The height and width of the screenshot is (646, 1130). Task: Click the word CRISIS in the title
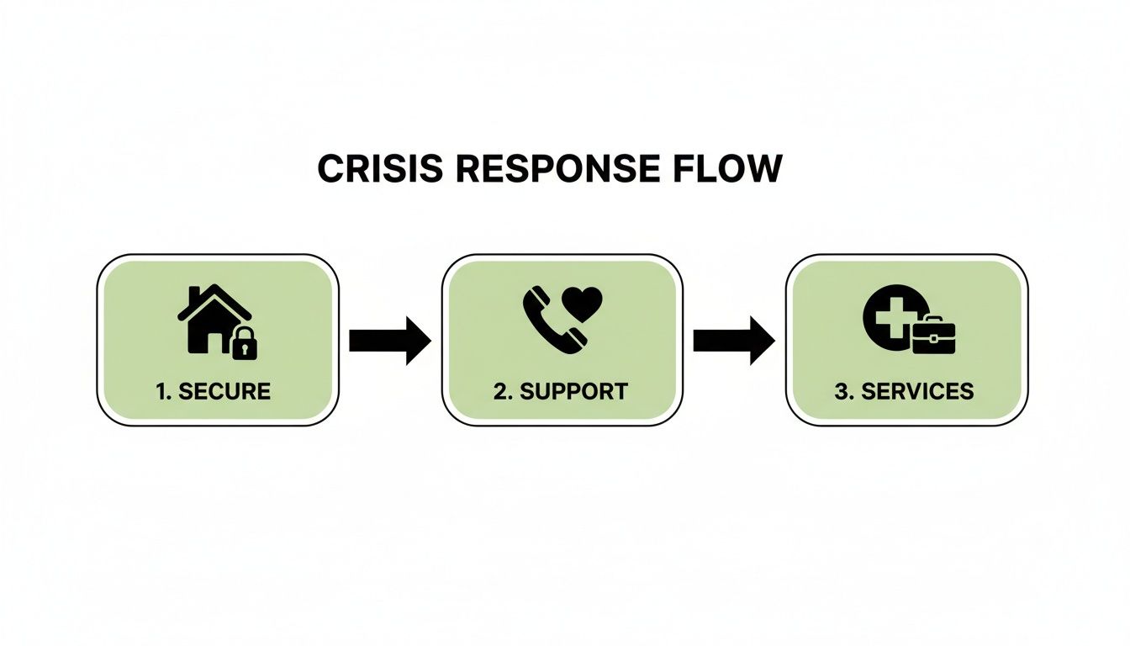tap(379, 169)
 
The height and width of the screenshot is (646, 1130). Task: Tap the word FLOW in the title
tap(731, 169)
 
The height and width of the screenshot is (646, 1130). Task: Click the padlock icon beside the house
tap(244, 343)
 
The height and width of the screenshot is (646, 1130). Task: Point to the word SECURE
tap(225, 391)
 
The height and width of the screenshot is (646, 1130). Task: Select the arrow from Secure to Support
tap(389, 341)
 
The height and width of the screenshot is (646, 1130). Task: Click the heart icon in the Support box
tap(582, 304)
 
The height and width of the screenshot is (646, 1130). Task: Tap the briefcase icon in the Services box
tap(933, 336)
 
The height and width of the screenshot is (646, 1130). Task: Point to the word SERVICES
tap(925, 391)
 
